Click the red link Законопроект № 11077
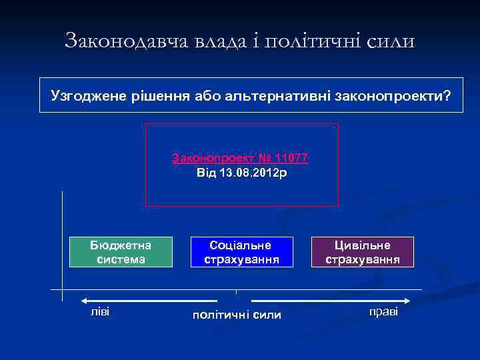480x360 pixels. (x=240, y=159)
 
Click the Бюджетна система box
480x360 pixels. (x=121, y=252)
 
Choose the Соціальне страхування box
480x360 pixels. (x=241, y=252)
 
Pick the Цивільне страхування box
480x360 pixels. (x=363, y=252)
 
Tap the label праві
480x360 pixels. (x=383, y=311)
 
